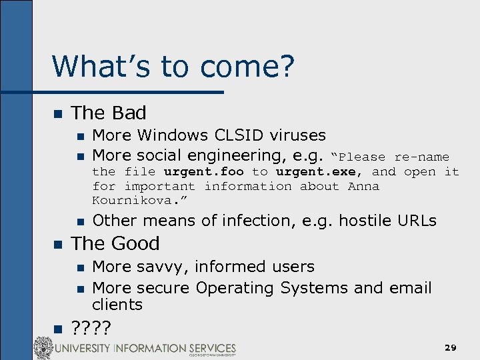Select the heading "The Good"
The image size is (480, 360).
point(115,243)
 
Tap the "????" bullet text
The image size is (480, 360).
point(91,327)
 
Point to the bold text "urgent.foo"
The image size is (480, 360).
point(203,172)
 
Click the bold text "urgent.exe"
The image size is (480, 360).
point(315,172)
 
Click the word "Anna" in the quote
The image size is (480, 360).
point(363,187)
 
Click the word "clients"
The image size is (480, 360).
point(117,305)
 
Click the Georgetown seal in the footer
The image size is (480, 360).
point(44,347)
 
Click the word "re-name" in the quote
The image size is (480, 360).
point(421,157)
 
